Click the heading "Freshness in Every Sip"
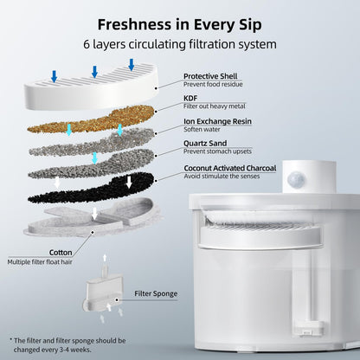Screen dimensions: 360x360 click(x=179, y=25)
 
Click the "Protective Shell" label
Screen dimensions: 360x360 click(x=210, y=76)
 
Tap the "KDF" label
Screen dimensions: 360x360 click(x=190, y=98)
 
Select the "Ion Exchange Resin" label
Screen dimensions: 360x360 click(x=217, y=121)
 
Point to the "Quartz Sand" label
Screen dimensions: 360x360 click(x=205, y=143)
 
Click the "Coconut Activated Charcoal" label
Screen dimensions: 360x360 click(x=230, y=168)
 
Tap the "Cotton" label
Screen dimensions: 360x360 click(x=61, y=253)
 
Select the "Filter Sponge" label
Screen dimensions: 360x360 click(x=156, y=293)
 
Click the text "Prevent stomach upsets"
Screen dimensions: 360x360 click(x=217, y=151)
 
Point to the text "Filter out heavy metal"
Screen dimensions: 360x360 click(x=215, y=106)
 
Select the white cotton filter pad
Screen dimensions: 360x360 click(x=93, y=218)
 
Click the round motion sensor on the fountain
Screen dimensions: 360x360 click(x=296, y=179)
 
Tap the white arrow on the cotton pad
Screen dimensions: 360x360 click(x=94, y=214)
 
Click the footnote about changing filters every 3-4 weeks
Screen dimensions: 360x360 click(x=68, y=345)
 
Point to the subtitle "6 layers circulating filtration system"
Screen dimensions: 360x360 click(x=180, y=44)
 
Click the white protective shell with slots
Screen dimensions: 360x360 click(x=92, y=87)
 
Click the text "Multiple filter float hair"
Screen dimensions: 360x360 click(x=40, y=262)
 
